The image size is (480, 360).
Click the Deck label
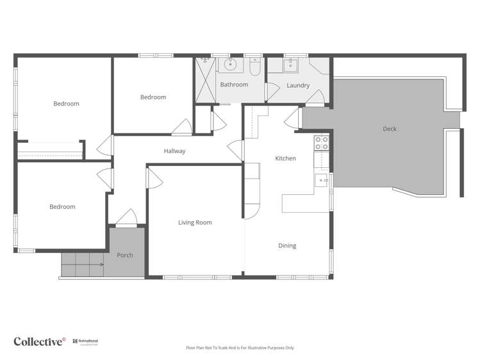[389, 129]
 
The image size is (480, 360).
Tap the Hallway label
[174, 151]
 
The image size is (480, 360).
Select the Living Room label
[195, 223]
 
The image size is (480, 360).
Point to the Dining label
[287, 245]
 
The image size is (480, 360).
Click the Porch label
[125, 255]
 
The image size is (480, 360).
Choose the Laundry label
[298, 85]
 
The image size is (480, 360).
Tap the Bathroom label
[234, 85]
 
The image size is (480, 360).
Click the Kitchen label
[285, 158]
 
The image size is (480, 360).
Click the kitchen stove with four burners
[320, 143]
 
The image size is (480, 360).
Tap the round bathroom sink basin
[230, 64]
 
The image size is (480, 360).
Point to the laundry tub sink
[290, 65]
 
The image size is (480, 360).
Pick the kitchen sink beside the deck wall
[322, 180]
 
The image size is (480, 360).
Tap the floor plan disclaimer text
[240, 348]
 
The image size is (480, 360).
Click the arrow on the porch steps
[100, 263]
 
